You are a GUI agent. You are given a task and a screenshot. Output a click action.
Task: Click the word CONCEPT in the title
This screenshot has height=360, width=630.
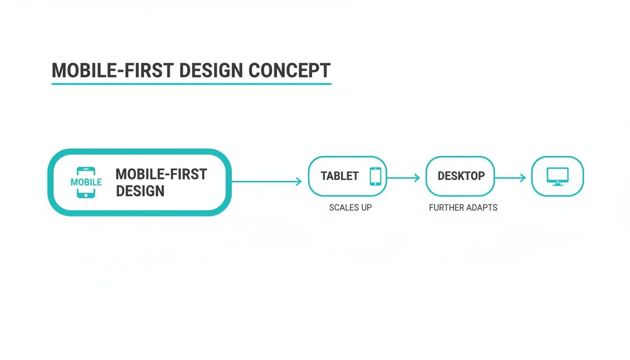[x=289, y=70]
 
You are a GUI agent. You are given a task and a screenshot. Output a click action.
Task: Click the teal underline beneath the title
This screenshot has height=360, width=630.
[x=191, y=84]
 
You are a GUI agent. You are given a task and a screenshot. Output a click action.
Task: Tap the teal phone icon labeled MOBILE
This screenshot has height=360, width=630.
[x=86, y=182]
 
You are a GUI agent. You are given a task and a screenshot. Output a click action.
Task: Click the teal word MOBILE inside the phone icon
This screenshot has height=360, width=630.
[x=86, y=182]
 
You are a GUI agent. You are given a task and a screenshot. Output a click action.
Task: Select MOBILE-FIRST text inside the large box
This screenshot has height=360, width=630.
[x=161, y=174]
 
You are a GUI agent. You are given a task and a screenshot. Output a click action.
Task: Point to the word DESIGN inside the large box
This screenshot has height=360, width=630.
[x=140, y=191]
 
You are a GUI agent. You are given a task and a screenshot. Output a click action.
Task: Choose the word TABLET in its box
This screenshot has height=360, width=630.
[x=339, y=176]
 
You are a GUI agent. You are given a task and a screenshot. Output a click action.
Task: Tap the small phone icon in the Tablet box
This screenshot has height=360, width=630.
[x=375, y=176]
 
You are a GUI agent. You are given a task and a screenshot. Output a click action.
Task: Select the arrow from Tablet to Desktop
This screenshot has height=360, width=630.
[x=403, y=178]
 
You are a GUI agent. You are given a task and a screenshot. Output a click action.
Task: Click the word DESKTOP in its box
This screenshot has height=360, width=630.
[x=461, y=176]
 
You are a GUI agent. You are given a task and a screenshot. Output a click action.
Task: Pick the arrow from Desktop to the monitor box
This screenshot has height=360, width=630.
[x=510, y=178]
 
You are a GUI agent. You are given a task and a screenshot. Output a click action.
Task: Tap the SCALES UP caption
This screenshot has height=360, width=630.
[x=350, y=208]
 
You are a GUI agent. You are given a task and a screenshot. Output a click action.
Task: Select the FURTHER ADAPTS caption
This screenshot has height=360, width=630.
[x=463, y=208]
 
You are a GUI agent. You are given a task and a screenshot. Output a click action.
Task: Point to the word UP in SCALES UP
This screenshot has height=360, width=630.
[x=366, y=208]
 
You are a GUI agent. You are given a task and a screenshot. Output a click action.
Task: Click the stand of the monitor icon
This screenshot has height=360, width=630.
[x=557, y=184]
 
